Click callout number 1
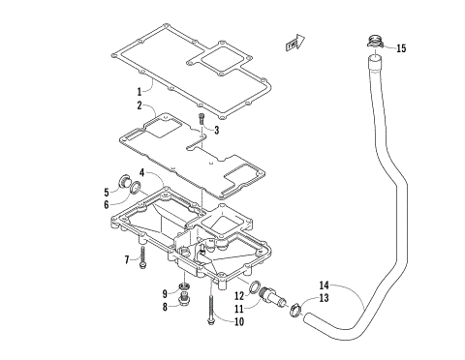pos(139,91)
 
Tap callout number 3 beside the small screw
pos(217,130)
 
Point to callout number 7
pos(127,258)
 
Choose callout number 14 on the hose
pos(325,285)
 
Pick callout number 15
pos(401,47)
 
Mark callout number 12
pos(238,296)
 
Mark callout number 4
pos(141,173)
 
